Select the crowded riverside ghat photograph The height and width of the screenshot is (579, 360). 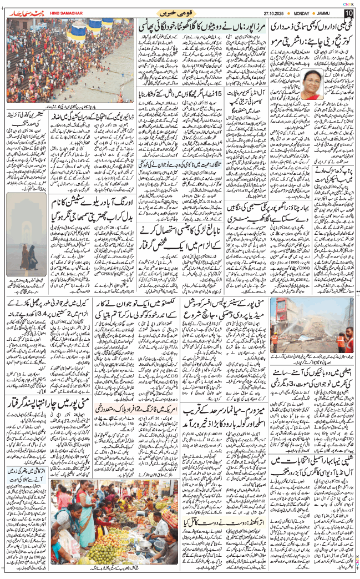69,61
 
